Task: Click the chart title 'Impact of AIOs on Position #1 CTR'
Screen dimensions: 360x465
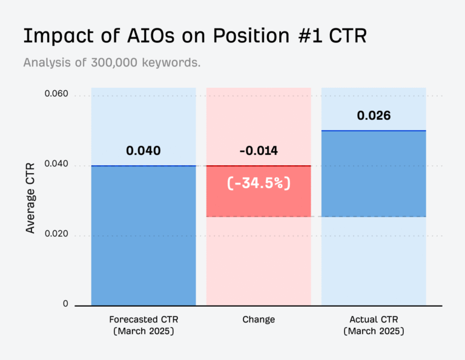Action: point(195,36)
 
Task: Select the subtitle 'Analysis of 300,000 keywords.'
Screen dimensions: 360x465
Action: point(112,62)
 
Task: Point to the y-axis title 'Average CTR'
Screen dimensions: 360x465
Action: point(30,197)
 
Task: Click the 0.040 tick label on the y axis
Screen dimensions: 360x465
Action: point(56,165)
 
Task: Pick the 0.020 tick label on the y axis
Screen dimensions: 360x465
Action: point(56,235)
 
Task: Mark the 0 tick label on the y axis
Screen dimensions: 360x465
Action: point(65,304)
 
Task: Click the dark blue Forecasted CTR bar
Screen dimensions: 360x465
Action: point(143,236)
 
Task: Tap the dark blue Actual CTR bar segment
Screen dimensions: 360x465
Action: point(374,173)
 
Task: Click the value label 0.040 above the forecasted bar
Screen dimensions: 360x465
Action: point(143,151)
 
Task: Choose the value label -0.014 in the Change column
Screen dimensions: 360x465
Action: point(259,151)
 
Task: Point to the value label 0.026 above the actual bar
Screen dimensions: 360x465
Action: point(374,116)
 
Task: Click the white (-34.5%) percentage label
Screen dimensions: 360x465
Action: point(259,183)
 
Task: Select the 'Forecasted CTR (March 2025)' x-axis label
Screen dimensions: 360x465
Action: point(143,325)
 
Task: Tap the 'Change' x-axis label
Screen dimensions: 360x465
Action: point(259,319)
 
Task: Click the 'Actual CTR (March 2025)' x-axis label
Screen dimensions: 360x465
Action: point(374,325)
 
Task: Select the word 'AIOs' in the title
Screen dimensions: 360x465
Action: point(135,36)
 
